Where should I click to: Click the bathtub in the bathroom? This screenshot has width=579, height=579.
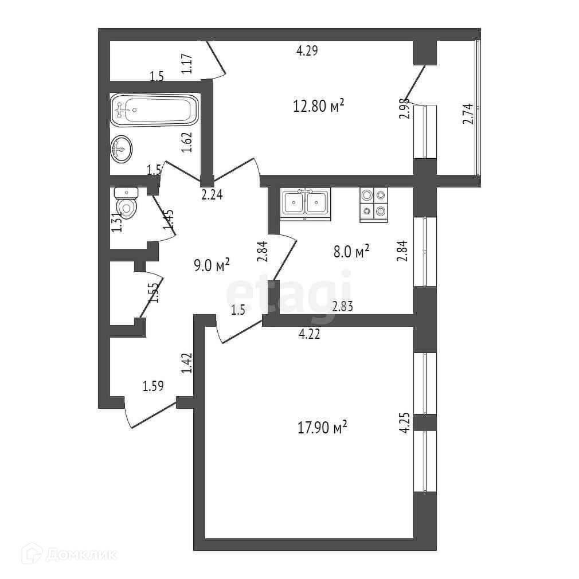[x=155, y=110]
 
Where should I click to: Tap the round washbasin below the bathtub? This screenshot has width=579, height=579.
[x=121, y=149]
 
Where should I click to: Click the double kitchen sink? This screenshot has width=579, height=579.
[x=306, y=204]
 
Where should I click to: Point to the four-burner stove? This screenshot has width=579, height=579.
[x=374, y=204]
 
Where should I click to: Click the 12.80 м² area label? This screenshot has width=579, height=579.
[x=319, y=105]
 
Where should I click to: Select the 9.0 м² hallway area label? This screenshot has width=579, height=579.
[x=212, y=265]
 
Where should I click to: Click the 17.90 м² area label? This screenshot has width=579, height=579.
[x=323, y=428]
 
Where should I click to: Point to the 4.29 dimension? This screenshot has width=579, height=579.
[x=307, y=50]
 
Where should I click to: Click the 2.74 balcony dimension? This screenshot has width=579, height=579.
[x=468, y=114]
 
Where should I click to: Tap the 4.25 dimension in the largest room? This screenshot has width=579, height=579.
[x=405, y=423]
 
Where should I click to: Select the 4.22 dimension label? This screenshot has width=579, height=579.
[x=309, y=334]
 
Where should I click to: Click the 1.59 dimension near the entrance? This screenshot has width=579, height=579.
[x=153, y=386]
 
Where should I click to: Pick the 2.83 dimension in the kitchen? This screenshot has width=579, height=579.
[x=342, y=307]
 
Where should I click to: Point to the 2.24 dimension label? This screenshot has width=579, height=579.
[x=212, y=195]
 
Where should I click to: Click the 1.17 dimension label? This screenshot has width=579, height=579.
[x=186, y=64]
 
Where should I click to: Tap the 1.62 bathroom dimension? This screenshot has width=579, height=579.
[x=186, y=142]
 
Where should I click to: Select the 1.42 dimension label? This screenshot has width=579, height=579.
[x=186, y=363]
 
